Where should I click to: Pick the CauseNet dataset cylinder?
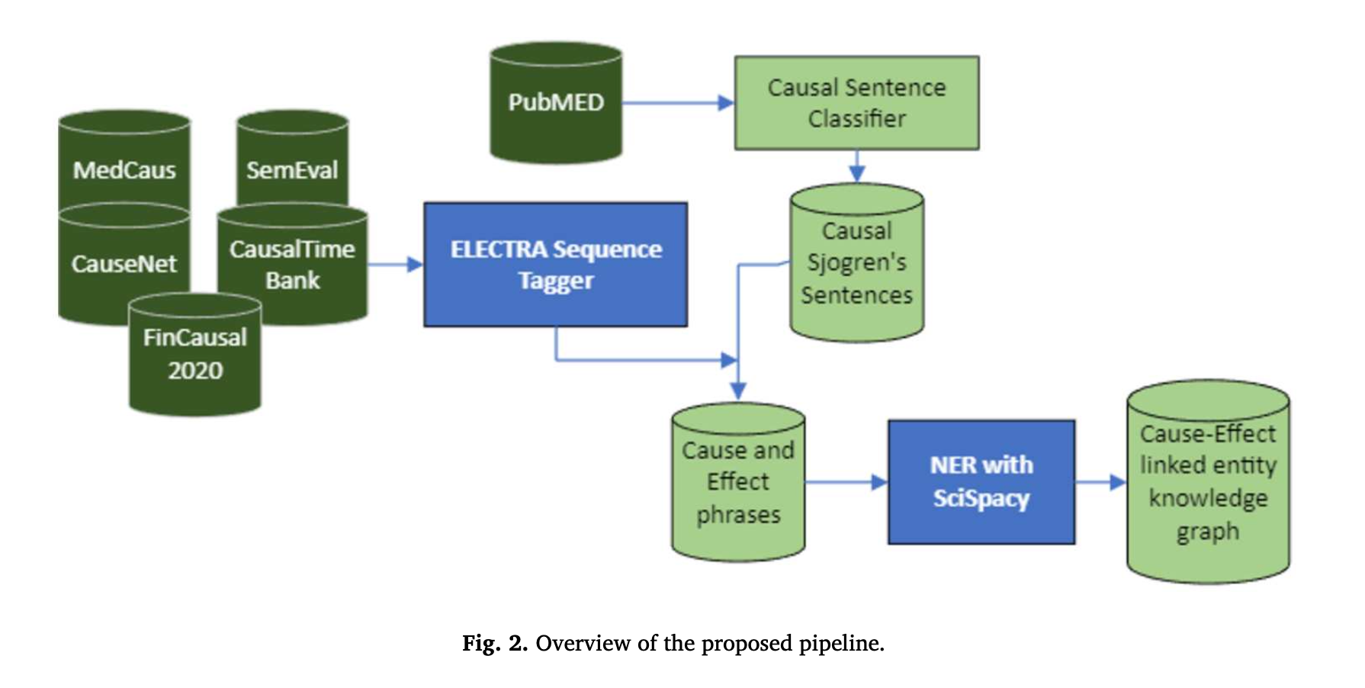[x=124, y=263]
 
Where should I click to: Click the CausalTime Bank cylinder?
[x=292, y=264]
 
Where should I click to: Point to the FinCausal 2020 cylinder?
[x=195, y=354]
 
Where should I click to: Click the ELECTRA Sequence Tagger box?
[x=556, y=265]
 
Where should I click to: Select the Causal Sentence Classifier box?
[x=856, y=103]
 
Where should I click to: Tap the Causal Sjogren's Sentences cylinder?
[x=856, y=262]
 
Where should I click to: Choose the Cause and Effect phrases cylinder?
[x=738, y=482]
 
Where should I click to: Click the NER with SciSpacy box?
[x=981, y=481]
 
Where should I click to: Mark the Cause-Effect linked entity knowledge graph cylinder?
[x=1208, y=482]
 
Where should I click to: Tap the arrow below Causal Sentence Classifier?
[x=856, y=166]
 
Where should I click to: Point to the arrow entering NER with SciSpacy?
[x=846, y=482]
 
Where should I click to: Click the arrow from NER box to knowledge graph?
[x=1101, y=482]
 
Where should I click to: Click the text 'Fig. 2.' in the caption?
[x=494, y=643]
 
